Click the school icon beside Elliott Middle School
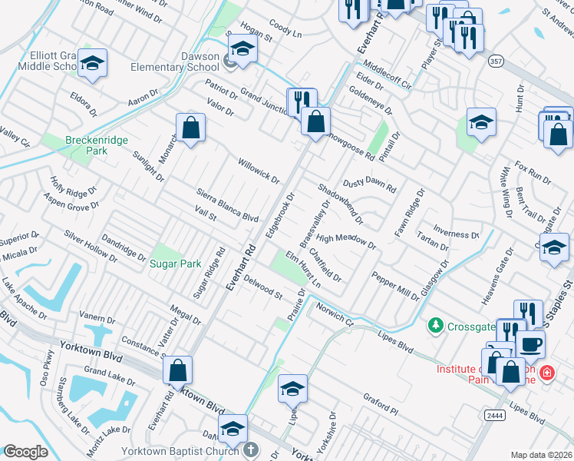(x=92, y=65)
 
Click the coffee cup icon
(x=530, y=343)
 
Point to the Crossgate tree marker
(x=437, y=326)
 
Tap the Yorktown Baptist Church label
(x=179, y=451)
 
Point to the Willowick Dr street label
(x=258, y=171)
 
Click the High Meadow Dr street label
(x=346, y=243)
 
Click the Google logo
(x=25, y=452)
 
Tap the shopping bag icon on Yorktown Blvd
(x=177, y=371)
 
